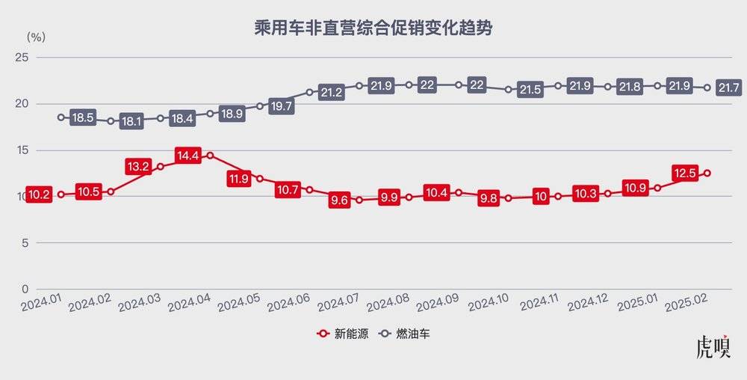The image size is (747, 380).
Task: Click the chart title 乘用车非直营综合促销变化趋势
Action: [373, 28]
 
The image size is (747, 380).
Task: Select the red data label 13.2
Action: [139, 166]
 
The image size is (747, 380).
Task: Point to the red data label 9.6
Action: [339, 200]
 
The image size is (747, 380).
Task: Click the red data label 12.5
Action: [684, 174]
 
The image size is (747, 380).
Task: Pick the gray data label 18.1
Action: [132, 120]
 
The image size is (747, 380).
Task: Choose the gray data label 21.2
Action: [332, 93]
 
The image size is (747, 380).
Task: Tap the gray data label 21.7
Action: [728, 88]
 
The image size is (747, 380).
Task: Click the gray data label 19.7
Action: [282, 106]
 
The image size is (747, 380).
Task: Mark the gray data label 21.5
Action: [530, 90]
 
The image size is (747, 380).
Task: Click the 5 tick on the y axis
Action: [24, 243]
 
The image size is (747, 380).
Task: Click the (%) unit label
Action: [36, 36]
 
